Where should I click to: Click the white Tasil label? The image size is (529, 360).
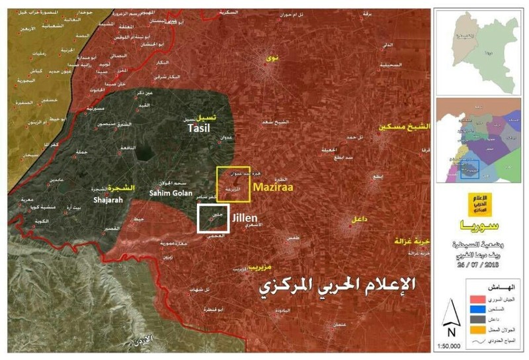(199, 128)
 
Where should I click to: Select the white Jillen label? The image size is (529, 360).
(245, 216)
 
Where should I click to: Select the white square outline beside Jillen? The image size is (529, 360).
(213, 218)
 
